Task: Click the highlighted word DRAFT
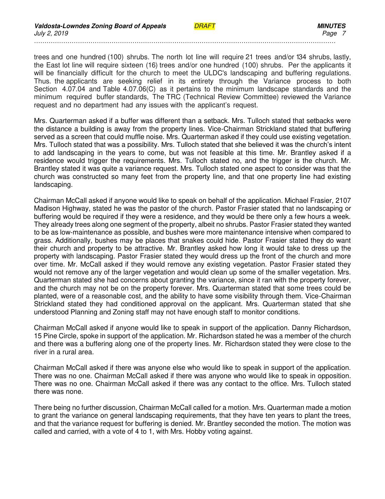[204, 26]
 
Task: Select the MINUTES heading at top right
[331, 26]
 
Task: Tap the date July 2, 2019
[51, 33]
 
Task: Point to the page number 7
[344, 33]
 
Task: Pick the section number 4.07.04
[74, 89]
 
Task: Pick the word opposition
[336, 376]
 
